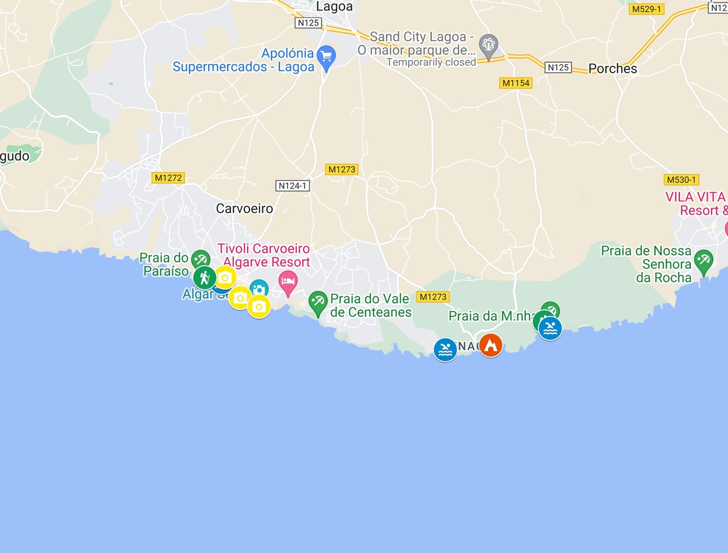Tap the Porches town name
tap(613, 69)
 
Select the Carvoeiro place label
tap(244, 209)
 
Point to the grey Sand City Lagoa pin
tap(488, 45)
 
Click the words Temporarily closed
tap(431, 62)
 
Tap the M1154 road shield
tap(516, 83)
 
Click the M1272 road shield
tap(168, 178)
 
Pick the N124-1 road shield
tap(293, 186)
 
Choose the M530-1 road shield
tap(682, 179)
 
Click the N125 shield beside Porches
tap(558, 67)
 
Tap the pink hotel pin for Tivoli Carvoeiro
tap(288, 281)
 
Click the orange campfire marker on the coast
tap(490, 345)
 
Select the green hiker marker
tap(205, 278)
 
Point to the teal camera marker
tap(259, 289)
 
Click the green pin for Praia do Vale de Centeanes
tap(317, 301)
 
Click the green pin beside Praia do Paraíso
tap(200, 260)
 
